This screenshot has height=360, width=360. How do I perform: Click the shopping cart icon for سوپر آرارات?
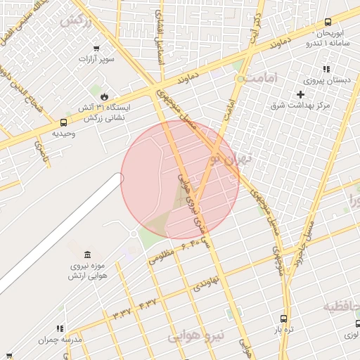point(96,49)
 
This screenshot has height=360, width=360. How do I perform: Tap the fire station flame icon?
point(105,96)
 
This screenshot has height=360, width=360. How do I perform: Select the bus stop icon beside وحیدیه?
point(65,122)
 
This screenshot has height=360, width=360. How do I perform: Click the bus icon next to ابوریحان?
point(328,22)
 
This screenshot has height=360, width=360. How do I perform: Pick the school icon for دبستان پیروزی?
point(326,69)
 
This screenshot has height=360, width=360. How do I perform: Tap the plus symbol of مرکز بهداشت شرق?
point(300,94)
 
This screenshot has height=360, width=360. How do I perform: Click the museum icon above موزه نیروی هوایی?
point(86,254)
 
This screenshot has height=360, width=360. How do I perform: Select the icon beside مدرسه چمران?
point(60,328)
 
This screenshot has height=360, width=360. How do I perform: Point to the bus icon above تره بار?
point(283,318)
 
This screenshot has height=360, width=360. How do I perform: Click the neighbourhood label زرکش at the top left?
point(75,22)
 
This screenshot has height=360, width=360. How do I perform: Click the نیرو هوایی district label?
point(196,337)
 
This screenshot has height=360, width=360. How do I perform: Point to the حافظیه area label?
point(342,307)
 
